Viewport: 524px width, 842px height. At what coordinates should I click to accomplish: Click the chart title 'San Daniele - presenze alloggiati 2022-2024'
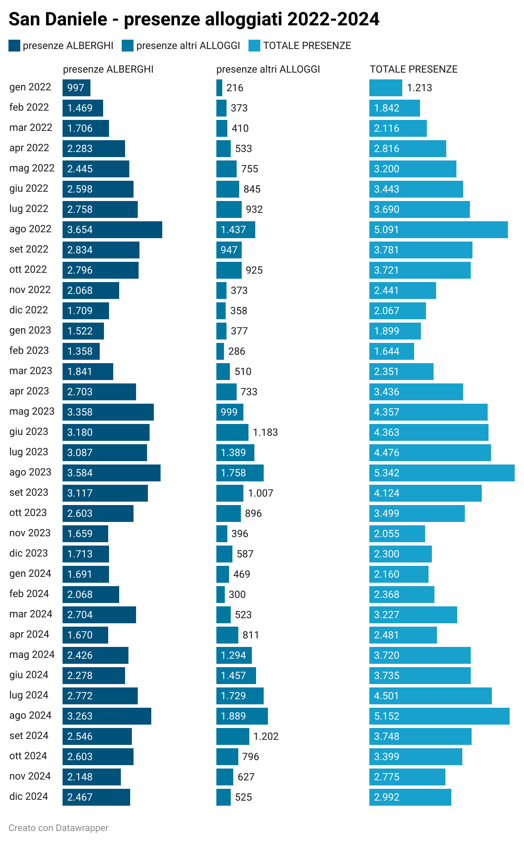click(194, 19)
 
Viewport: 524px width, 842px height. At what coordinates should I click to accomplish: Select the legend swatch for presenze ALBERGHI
click(14, 46)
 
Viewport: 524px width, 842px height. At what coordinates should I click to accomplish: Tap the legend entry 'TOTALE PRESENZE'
click(307, 46)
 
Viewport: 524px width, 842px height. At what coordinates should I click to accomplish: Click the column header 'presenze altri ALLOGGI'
click(268, 69)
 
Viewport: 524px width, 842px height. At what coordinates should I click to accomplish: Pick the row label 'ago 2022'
click(30, 229)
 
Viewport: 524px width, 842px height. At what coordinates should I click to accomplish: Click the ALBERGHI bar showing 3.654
click(112, 230)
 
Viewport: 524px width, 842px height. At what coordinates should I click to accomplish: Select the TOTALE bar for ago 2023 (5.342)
click(442, 473)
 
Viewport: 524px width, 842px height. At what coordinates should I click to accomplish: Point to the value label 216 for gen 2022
click(235, 88)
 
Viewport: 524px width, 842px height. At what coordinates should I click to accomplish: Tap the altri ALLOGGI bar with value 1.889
click(242, 716)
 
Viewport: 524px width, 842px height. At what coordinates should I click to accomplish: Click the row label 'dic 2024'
click(29, 796)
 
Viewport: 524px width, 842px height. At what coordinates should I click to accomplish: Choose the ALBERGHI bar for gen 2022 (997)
click(76, 88)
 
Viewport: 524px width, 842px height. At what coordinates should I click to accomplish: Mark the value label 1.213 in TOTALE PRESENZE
click(419, 88)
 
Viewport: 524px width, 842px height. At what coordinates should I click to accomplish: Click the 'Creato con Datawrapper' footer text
click(58, 828)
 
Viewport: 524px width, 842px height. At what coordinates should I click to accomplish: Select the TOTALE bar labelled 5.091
click(438, 230)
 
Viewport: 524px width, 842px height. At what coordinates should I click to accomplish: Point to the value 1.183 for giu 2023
click(265, 432)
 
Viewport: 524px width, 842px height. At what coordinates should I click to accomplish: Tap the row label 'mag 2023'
click(32, 411)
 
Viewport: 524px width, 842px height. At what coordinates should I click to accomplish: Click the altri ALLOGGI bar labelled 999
click(229, 412)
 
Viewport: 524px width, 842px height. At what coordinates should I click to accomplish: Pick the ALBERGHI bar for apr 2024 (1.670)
click(85, 635)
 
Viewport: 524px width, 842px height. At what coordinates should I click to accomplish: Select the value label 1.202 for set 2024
click(266, 736)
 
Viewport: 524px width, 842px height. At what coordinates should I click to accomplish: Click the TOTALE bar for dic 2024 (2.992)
click(410, 797)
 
